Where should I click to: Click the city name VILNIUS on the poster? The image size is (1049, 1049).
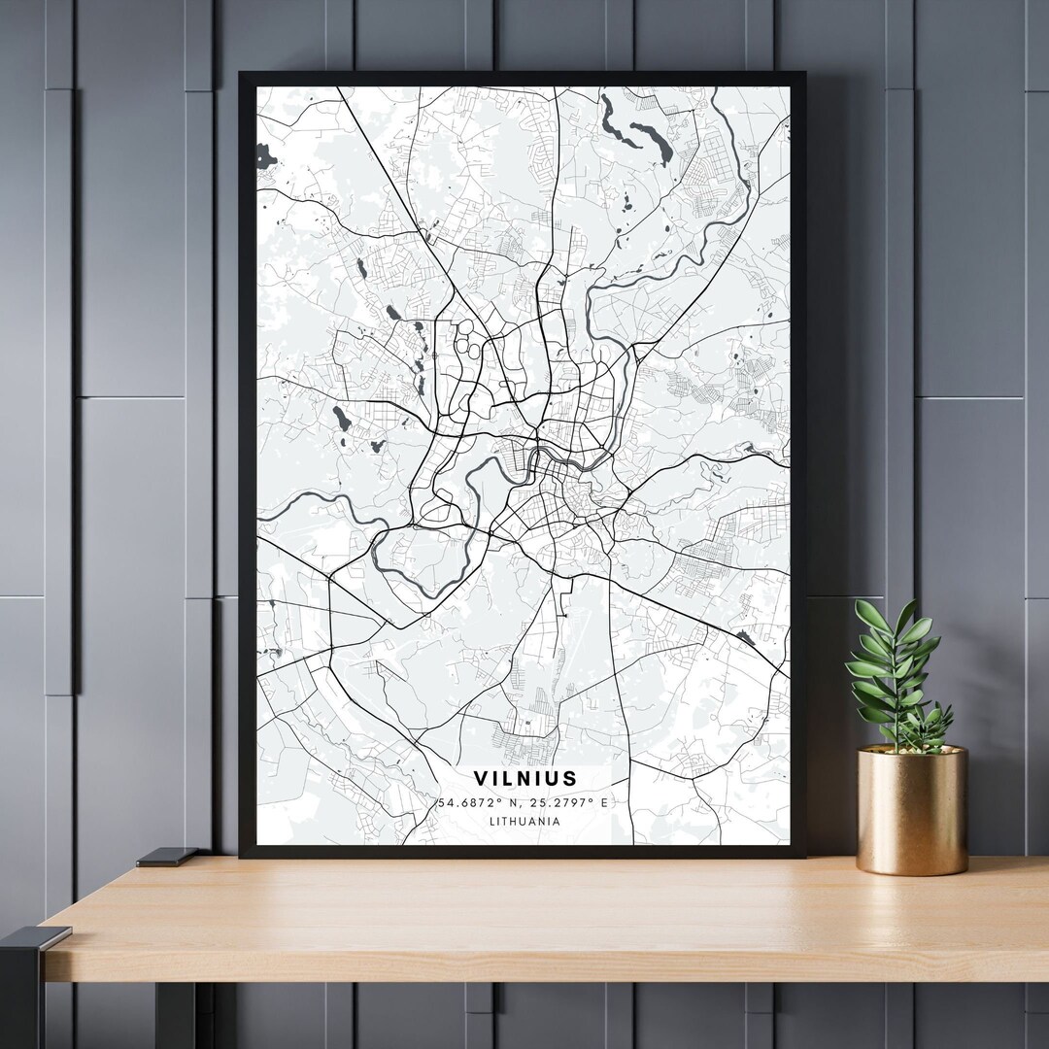click(x=524, y=779)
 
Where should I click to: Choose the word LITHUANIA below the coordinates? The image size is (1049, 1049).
click(x=524, y=821)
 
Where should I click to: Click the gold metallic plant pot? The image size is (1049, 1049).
click(x=912, y=811)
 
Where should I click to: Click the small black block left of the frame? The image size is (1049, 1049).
click(x=166, y=857)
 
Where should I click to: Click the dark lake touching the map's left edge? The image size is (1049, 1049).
click(x=265, y=154)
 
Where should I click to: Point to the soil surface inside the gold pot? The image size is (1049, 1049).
click(x=911, y=749)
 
